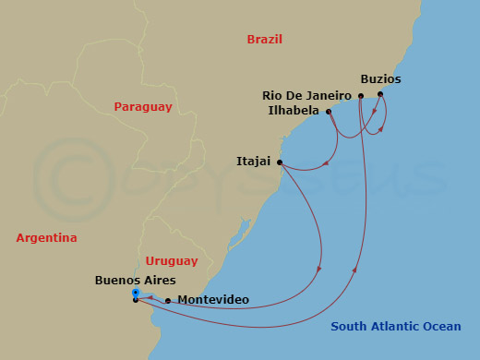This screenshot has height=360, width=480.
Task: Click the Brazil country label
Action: [264, 40]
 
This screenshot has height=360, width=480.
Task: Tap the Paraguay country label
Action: [143, 107]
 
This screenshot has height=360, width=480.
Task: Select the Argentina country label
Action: [46, 238]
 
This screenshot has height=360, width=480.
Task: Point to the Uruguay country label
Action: [171, 261]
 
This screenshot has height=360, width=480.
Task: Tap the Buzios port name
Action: [381, 79]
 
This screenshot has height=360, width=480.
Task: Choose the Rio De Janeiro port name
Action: [306, 95]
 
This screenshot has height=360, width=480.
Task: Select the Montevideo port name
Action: [212, 300]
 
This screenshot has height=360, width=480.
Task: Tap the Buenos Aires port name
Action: [135, 280]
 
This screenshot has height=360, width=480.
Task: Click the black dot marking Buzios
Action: [380, 94]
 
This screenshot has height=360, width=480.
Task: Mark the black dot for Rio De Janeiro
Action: [360, 95]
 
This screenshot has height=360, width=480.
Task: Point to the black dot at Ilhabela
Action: [329, 112]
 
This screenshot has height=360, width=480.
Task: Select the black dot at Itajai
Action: [279, 162]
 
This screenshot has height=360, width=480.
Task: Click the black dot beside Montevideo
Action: [167, 300]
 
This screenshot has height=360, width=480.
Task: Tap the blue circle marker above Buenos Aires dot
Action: [136, 293]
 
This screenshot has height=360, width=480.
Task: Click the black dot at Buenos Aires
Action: [136, 300]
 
